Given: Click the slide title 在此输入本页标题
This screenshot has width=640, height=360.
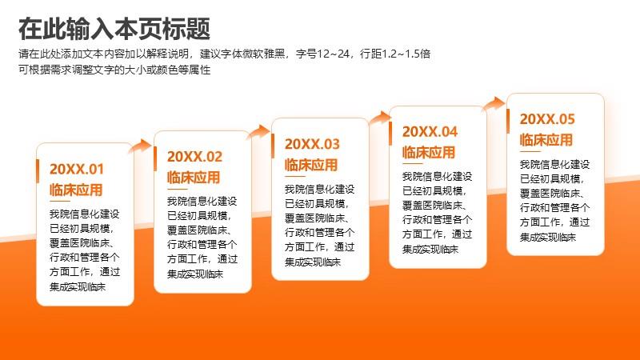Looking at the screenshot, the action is click(x=114, y=29).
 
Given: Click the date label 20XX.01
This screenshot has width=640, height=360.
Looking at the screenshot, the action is click(x=77, y=169).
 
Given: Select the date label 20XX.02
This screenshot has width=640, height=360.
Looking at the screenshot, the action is click(x=194, y=156).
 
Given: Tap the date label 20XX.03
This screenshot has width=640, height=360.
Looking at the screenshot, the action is click(x=312, y=144).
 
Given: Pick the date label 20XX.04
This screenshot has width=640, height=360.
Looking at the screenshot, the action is click(x=430, y=131).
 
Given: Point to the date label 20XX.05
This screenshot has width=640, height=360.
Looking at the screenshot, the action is click(x=547, y=118).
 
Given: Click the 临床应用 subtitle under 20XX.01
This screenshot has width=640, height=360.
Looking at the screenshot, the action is click(x=76, y=190).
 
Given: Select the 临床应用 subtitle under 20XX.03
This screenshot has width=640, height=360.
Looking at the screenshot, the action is click(x=311, y=165).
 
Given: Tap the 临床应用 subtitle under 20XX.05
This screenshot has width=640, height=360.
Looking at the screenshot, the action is click(x=546, y=140).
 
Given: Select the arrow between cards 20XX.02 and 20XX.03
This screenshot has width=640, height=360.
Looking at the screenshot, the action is click(x=258, y=132).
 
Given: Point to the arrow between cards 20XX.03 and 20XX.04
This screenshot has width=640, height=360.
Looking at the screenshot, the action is click(x=379, y=118).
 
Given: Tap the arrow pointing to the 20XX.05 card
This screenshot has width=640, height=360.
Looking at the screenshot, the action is click(x=494, y=103).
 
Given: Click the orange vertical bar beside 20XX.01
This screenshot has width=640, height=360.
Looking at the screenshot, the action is click(x=38, y=171).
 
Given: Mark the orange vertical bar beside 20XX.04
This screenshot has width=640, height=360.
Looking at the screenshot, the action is click(x=390, y=134).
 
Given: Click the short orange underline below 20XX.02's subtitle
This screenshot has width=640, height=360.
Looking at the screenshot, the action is click(x=177, y=189).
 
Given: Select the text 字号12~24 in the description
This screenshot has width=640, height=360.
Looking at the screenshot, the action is click(x=322, y=54).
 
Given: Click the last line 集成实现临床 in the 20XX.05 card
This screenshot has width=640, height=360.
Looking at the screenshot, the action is click(x=548, y=237).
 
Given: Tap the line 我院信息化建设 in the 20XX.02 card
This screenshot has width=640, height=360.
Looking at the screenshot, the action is click(x=202, y=202).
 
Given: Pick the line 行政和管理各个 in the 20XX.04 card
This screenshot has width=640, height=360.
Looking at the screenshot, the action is click(x=437, y=219).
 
